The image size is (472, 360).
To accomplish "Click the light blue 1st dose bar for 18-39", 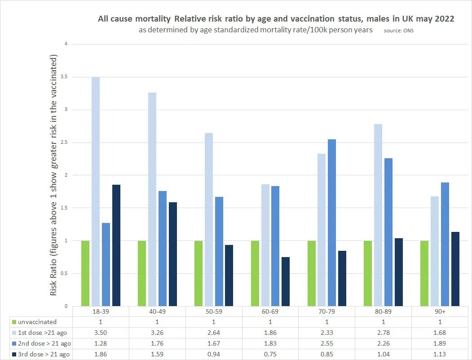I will click(96, 191).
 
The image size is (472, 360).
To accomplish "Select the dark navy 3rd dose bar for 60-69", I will click(286, 281).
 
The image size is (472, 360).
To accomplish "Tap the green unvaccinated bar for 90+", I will click(424, 273).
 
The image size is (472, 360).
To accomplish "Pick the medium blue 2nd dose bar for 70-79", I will click(332, 222).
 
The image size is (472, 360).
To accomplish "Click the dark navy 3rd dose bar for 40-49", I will click(172, 254).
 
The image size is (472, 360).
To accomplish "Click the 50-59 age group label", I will click(214, 311).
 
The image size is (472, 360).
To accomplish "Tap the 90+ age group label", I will click(440, 311).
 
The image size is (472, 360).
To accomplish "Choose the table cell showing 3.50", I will click(101, 333).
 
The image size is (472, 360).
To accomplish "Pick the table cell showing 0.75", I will click(270, 354).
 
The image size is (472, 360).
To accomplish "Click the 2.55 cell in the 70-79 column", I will click(327, 343).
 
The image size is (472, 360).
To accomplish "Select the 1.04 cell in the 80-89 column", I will click(384, 354).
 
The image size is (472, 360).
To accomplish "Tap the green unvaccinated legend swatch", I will click(14, 322).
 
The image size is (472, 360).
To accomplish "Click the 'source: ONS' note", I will click(398, 31).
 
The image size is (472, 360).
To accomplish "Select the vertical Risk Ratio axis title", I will click(53, 175).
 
